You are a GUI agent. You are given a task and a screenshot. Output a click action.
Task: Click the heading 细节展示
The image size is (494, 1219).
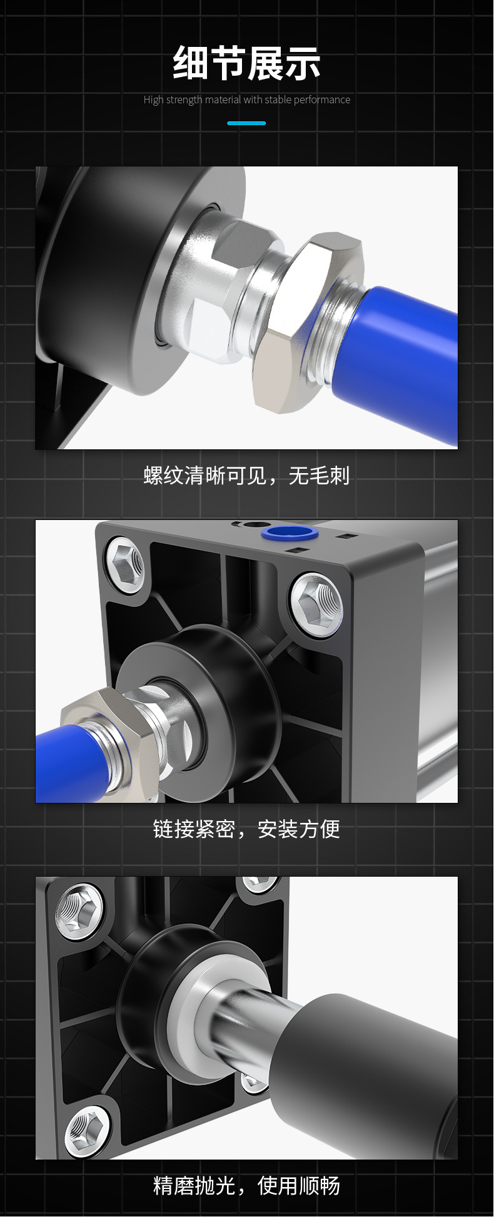point(246,63)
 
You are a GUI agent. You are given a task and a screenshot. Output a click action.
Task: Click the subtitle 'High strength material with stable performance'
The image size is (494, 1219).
point(246,99)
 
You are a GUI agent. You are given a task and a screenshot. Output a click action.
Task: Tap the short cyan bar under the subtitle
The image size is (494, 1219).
point(246,123)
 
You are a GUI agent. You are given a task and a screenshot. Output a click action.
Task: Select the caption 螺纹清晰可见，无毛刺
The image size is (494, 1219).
point(246,476)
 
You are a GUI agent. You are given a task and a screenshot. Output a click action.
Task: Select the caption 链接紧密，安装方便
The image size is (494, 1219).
point(246,829)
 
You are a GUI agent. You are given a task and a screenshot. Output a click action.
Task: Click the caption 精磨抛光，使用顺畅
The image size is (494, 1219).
point(246,1185)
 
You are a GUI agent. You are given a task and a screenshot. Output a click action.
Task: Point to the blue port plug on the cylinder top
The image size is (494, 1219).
point(289,533)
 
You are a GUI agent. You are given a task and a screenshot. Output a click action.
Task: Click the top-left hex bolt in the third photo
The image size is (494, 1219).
point(79,910)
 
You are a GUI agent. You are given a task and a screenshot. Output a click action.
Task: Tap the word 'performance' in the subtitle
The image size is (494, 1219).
point(321,99)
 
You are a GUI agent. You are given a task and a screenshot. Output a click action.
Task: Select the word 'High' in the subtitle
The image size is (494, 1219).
point(153,99)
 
